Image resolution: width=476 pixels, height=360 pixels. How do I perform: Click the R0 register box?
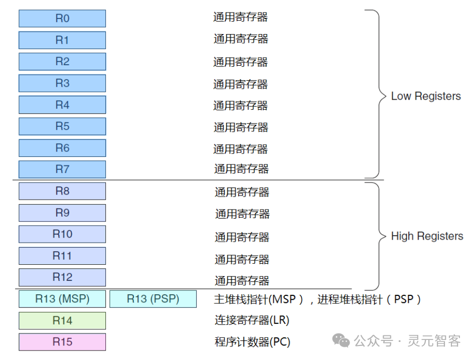pos(62,19)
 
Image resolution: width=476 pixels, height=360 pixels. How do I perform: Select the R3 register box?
pos(62,83)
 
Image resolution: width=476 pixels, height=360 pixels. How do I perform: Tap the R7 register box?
pos(62,169)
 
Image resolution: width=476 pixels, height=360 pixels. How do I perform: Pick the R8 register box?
pos(62,191)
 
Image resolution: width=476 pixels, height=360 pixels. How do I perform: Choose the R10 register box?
pos(62,234)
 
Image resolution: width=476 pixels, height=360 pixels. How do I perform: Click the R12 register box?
pos(62,277)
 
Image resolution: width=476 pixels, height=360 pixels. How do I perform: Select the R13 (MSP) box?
pos(62,299)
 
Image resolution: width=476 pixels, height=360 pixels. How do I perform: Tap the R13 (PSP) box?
pos(153,299)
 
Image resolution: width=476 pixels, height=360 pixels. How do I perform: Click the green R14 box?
pos(62,320)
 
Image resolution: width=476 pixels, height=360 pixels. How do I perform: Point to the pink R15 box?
pos(62,342)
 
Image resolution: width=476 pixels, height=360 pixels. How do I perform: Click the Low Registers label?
pos(426,96)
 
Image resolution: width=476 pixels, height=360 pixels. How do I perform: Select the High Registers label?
pos(427,236)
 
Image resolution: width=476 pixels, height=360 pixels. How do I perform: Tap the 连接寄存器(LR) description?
pos(252,320)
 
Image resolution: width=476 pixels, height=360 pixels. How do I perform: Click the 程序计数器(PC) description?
pos(253,342)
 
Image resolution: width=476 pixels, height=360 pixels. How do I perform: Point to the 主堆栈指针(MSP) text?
pos(258,300)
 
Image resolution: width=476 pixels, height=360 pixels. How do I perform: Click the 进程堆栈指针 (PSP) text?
pos(369,300)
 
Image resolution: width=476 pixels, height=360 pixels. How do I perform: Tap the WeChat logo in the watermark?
pos(341,340)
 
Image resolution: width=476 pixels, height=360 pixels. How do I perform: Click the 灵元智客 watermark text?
pos(434,341)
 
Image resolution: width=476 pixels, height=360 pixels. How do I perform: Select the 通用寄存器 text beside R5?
pos(241,127)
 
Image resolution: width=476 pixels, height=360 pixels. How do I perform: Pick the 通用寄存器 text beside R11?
pos(242,260)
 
